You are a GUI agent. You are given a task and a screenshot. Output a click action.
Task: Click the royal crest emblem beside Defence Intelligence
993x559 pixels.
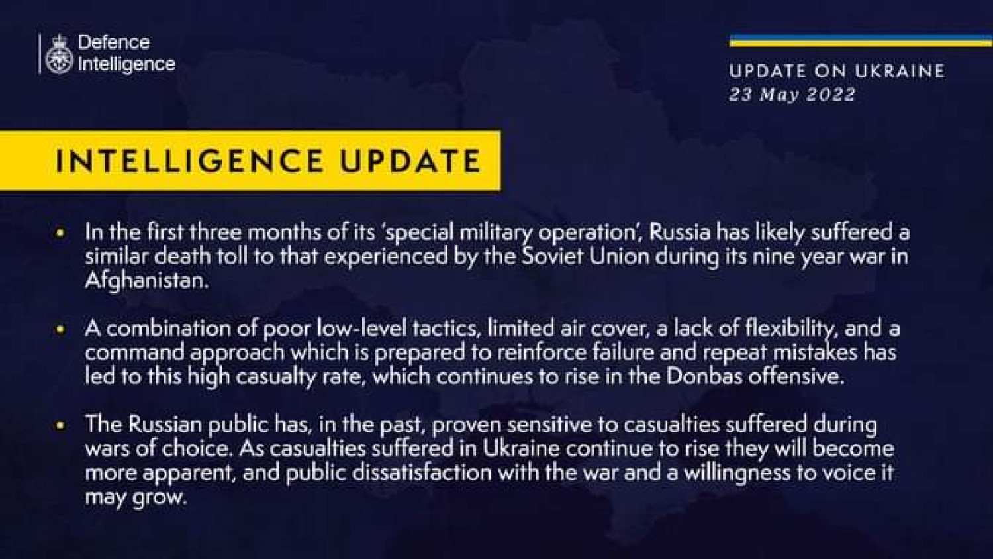tap(59, 54)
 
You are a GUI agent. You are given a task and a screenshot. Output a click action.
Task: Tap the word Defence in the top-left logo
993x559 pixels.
tap(114, 42)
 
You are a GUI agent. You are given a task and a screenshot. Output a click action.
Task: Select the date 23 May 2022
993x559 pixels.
tap(792, 95)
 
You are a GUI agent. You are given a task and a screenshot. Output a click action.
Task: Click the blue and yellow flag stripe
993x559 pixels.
tap(861, 41)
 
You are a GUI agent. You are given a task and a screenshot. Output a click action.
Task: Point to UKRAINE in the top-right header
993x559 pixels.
tap(900, 71)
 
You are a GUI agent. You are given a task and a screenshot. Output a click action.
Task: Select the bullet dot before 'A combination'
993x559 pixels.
tap(61, 330)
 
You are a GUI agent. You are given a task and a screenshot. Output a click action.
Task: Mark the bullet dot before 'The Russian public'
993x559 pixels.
tap(61, 425)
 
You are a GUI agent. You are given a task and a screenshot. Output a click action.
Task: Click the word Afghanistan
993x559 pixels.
tap(146, 281)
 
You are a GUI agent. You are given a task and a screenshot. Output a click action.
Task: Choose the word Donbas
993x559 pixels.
tap(704, 377)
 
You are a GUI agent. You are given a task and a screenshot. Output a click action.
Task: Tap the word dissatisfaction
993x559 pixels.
tap(422, 472)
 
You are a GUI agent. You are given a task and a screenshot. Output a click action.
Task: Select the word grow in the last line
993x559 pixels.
tap(158, 498)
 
